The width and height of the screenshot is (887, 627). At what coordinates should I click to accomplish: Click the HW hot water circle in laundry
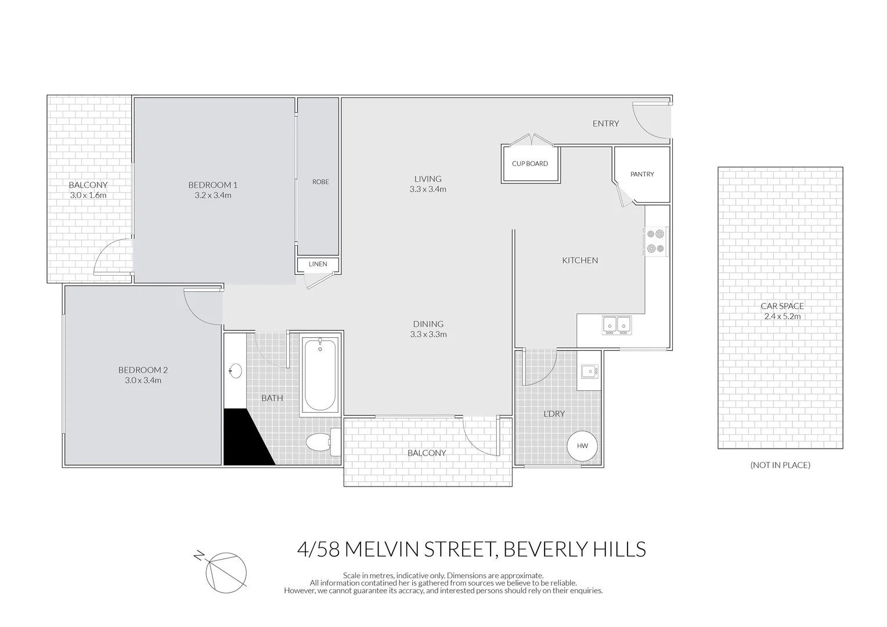click(x=582, y=446)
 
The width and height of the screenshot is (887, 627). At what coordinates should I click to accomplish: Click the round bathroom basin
click(x=236, y=370)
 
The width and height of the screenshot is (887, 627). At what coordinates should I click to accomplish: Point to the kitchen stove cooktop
click(x=656, y=242)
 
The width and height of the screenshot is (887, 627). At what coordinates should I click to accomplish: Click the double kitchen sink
click(x=616, y=325)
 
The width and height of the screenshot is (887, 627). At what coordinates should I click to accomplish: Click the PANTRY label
click(x=642, y=174)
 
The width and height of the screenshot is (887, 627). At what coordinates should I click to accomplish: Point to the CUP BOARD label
click(x=529, y=164)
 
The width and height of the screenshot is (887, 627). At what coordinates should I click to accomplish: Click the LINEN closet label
click(x=318, y=264)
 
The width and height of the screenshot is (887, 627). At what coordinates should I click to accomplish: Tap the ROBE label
click(x=320, y=182)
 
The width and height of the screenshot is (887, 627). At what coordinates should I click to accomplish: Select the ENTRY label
click(x=605, y=124)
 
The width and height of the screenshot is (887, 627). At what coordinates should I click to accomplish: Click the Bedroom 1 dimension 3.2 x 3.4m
click(x=213, y=196)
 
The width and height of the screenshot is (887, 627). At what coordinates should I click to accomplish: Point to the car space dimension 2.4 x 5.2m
click(x=782, y=317)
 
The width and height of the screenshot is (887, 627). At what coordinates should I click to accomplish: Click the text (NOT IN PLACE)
click(x=780, y=465)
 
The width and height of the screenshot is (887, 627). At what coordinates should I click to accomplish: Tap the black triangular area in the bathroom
click(x=244, y=441)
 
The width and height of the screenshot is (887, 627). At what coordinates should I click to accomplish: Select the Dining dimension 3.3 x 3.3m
click(x=428, y=334)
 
